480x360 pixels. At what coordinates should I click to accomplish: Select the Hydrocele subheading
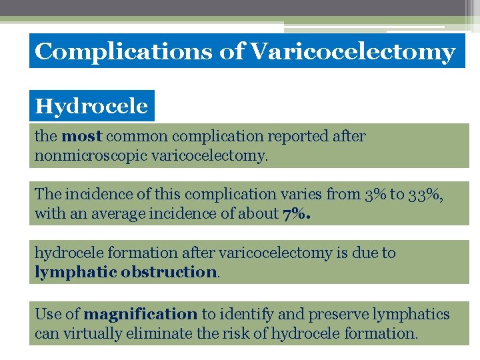point(91,106)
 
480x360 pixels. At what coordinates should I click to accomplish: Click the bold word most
point(81,137)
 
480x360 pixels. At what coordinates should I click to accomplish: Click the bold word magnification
point(141,314)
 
